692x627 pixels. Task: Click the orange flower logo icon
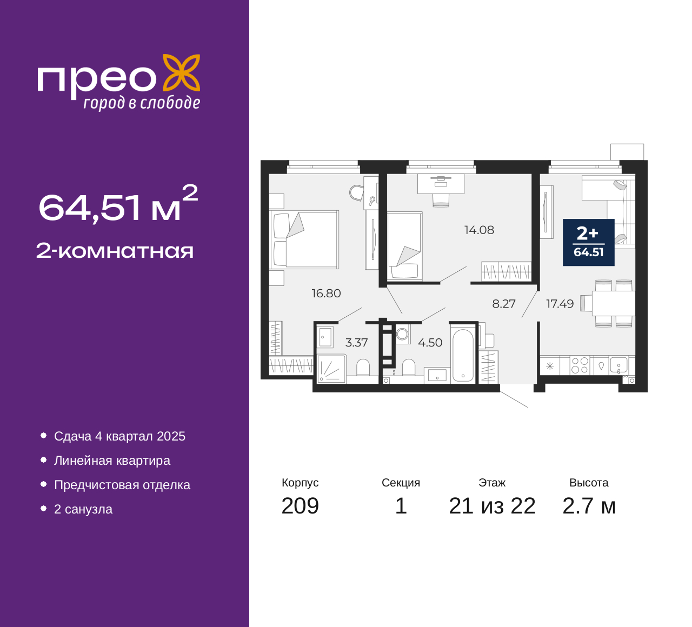point(182,73)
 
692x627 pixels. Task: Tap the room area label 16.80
point(326,294)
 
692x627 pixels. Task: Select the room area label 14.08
point(479,230)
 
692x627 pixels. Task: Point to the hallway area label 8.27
point(504,304)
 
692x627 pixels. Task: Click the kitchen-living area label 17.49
point(560,304)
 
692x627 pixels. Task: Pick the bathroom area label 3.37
point(356,343)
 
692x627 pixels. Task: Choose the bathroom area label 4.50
point(430,343)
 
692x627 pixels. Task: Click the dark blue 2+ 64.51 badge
point(589,243)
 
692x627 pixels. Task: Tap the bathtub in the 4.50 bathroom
point(463,356)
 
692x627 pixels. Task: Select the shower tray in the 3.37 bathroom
point(331,369)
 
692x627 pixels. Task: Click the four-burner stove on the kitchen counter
point(580,365)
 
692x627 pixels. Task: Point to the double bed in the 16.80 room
point(304,239)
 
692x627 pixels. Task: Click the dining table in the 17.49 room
point(614,303)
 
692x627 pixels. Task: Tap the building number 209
point(300,506)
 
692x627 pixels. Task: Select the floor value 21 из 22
point(493,506)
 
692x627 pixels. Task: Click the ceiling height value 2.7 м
point(589,506)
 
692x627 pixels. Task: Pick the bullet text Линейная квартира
point(112,461)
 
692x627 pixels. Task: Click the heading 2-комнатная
point(115,251)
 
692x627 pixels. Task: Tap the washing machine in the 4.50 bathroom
point(403,334)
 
